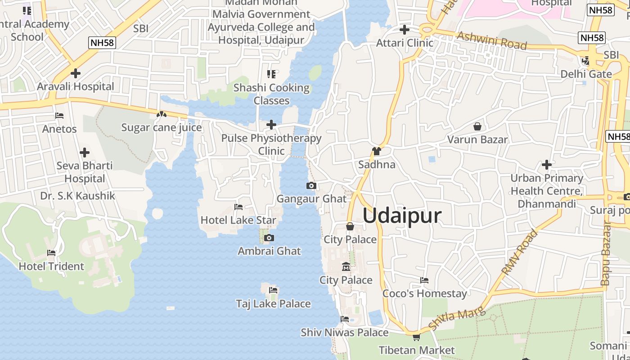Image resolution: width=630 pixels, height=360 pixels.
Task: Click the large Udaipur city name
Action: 402,216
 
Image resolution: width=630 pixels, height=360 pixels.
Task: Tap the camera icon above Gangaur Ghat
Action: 311,185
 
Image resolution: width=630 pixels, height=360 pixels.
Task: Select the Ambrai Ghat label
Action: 269,251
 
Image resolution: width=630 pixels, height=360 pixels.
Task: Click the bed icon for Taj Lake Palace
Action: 273,290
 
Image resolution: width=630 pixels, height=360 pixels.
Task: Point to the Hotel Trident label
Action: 51,266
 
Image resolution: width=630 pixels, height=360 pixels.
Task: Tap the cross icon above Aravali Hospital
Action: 76,73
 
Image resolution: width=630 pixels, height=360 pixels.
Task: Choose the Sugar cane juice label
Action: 162,127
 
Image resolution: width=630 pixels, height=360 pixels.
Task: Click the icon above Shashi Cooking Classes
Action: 271,74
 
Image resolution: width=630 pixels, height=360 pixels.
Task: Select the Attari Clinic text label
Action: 405,43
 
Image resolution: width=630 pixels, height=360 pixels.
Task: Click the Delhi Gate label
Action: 586,74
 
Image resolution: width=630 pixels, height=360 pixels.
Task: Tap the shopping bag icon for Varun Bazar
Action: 477,126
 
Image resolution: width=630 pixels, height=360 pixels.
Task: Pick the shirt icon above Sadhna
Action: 377,151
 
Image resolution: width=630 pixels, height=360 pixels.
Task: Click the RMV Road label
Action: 520,252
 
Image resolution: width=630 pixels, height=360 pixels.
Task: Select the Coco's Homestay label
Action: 424,293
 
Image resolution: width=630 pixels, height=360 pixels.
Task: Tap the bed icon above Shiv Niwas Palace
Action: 345,319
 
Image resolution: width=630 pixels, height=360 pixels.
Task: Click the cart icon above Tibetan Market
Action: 416,337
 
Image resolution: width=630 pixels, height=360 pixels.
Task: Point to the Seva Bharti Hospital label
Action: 84,172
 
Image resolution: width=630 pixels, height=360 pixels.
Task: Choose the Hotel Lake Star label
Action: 238,220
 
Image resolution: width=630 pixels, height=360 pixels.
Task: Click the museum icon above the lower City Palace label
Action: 346,267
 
